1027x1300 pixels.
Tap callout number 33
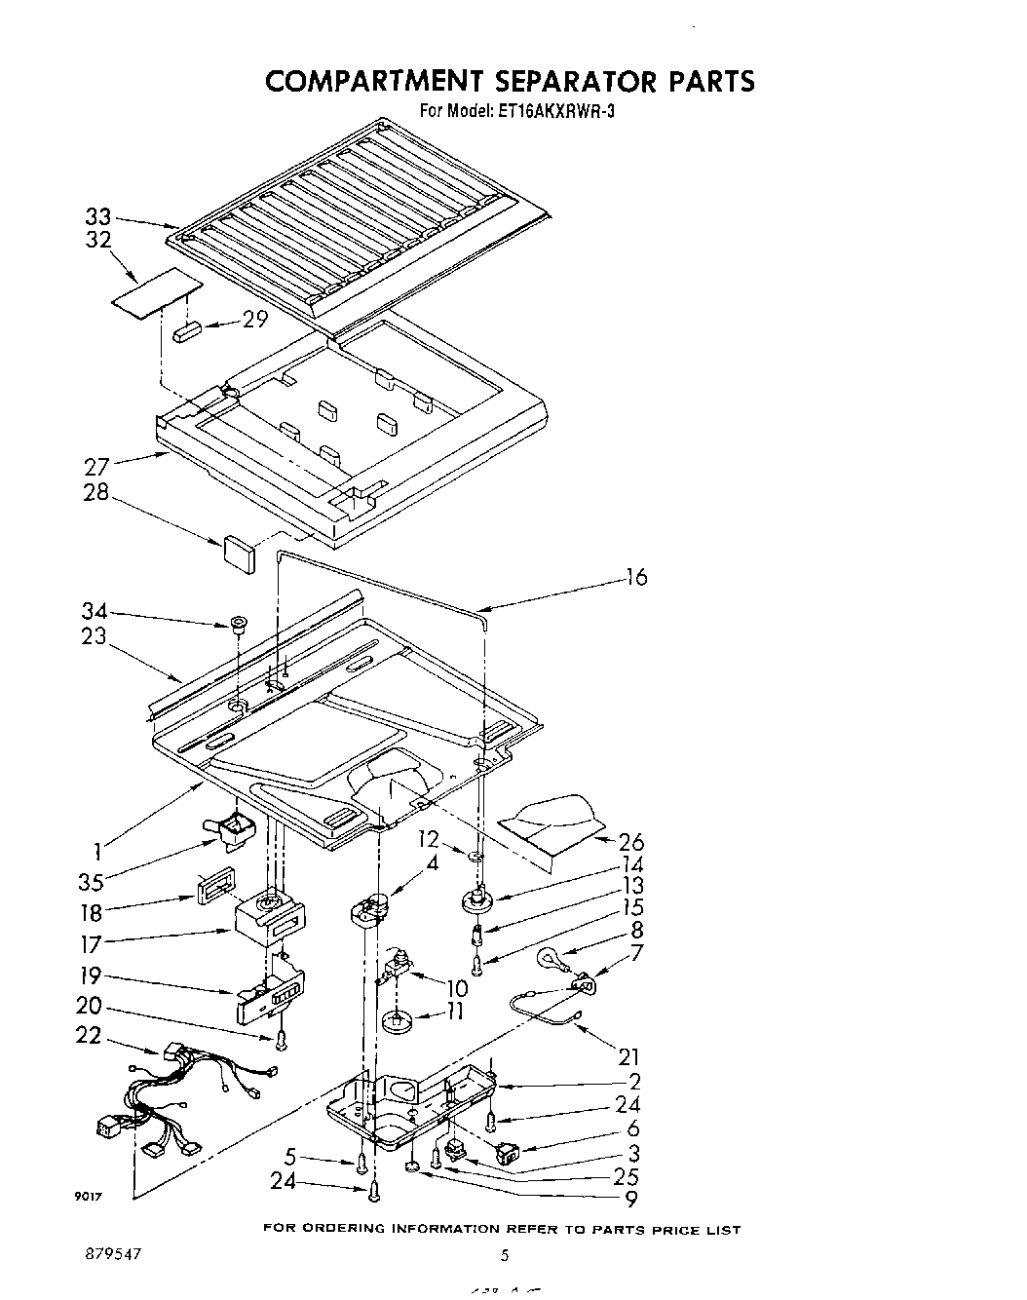click(x=98, y=218)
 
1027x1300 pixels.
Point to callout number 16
click(x=635, y=578)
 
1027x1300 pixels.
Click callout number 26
click(x=630, y=842)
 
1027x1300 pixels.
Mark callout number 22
click(x=89, y=1036)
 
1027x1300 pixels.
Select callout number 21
click(x=629, y=1056)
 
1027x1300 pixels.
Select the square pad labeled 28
click(x=240, y=550)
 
